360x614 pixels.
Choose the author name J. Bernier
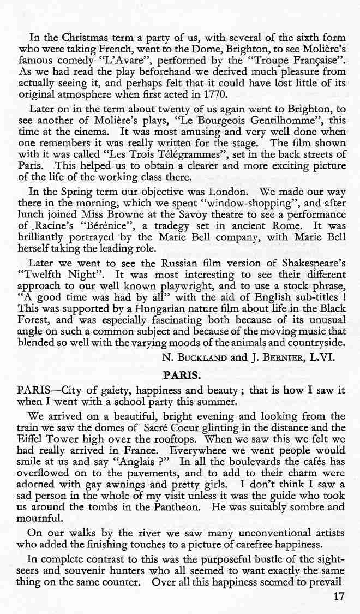276,358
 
